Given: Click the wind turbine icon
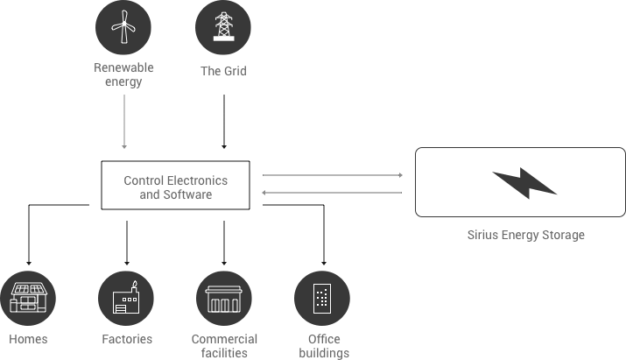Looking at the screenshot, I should coord(123,27).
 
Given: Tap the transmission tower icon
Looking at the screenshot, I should coord(223,27).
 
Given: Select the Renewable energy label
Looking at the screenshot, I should coord(123,76).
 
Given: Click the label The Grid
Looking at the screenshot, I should coord(223,71).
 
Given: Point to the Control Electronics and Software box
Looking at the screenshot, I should coord(175,185).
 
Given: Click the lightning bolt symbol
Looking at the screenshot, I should coord(523,183).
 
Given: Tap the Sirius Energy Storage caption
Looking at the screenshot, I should coord(524,236).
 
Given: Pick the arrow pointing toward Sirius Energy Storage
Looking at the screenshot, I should coord(333,175).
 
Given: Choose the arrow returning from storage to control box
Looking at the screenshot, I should coord(333,194).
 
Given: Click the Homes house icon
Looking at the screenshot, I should coord(29,299).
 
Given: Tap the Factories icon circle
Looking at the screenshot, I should coord(126,299).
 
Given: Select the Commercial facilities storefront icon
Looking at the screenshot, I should coord(223,299).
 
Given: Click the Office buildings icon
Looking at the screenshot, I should coord(321,299).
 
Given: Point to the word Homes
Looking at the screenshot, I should coord(28,339).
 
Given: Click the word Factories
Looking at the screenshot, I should coord(126,339).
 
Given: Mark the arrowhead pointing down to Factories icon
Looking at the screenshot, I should coord(127,263).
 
